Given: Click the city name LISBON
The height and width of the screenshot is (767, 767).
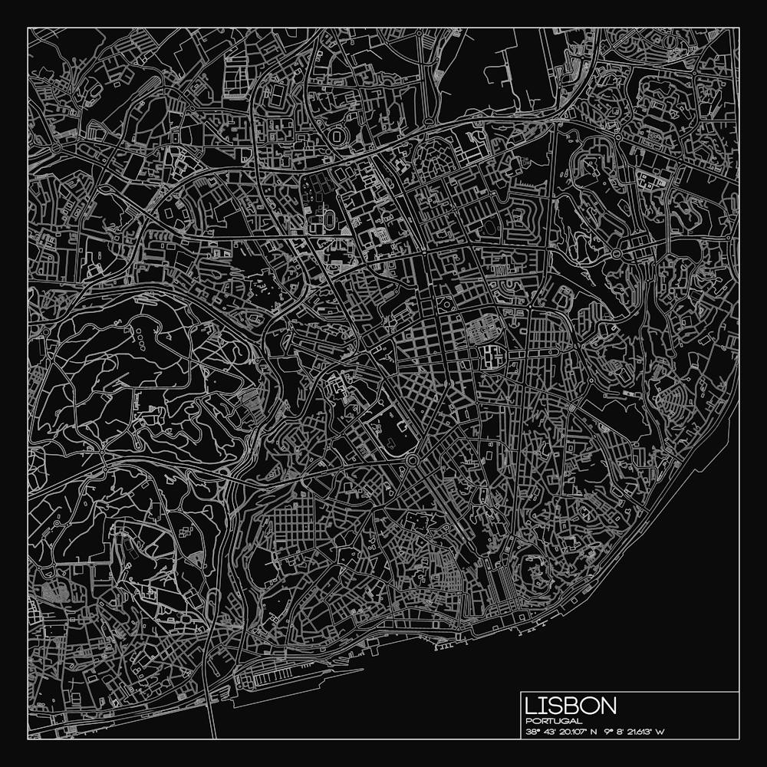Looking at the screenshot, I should tap(571, 706).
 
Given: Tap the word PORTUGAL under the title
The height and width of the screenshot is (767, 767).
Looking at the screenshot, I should tap(554, 721).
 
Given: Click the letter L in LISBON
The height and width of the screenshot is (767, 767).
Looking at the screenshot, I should tap(532, 706).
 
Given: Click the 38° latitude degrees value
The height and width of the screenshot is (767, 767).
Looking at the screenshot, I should tap(532, 732).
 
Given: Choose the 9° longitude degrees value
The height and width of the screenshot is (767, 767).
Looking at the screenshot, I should tap(607, 732).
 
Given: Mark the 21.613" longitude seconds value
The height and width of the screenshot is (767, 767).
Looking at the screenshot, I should tap(640, 732).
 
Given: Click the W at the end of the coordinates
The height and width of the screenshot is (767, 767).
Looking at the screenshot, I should tap(660, 732).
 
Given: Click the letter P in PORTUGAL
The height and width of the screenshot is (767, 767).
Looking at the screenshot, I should tap(529, 721).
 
